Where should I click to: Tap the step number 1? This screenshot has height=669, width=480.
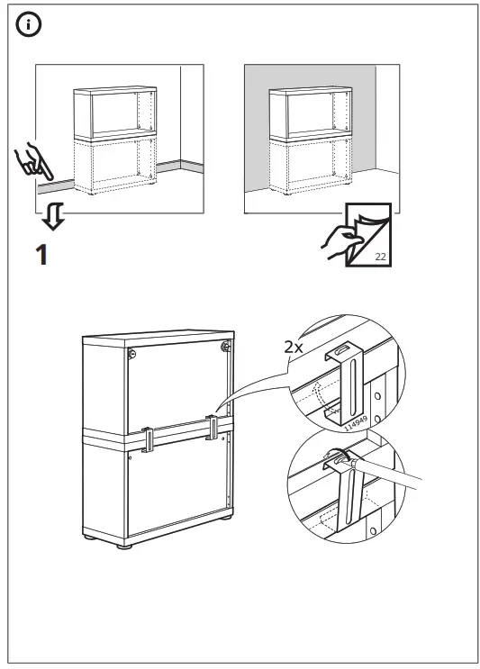[40, 256]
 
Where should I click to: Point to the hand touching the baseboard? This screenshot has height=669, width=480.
[34, 161]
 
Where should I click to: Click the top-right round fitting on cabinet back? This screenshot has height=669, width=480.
[225, 345]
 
